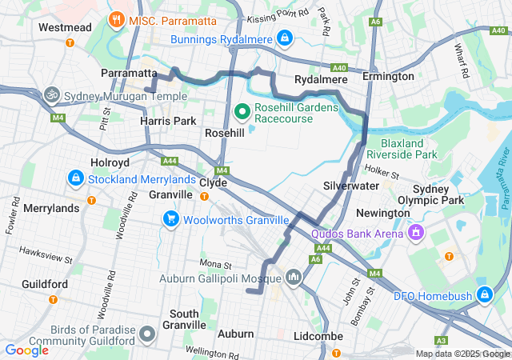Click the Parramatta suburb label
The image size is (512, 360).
click(129, 73)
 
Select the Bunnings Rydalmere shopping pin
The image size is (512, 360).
click(284, 38)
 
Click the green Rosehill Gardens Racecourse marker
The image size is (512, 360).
click(243, 110)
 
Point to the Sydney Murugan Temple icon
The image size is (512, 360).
click(53, 94)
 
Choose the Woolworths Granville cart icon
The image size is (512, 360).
click(170, 218)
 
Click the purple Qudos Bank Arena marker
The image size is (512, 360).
click(415, 233)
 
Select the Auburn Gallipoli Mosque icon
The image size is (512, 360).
click(293, 277)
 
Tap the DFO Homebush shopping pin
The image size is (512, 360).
click(483, 295)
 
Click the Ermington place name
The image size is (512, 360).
click(388, 76)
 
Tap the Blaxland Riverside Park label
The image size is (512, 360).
click(402, 148)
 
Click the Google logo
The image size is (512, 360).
click(26, 350)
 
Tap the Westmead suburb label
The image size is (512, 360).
click(63, 26)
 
